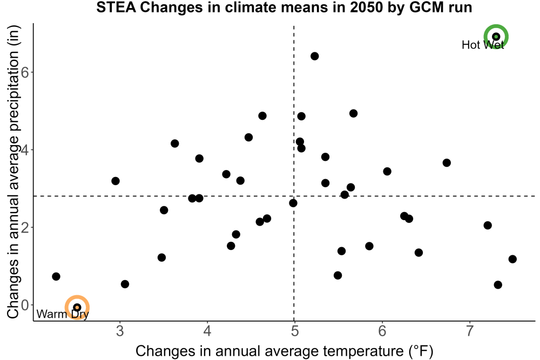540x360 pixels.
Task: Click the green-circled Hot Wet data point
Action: click(x=496, y=37)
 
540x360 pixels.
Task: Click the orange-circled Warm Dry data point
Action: click(x=77, y=307)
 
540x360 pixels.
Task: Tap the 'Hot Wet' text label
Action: click(x=482, y=45)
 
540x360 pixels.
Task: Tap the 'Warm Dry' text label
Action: click(x=63, y=314)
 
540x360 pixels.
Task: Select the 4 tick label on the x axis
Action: click(x=207, y=331)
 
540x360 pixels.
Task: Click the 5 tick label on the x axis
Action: click(x=294, y=331)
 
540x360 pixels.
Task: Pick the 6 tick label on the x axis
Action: click(x=382, y=331)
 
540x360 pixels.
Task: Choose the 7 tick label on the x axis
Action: click(x=469, y=331)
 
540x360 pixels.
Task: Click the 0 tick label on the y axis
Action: click(x=25, y=305)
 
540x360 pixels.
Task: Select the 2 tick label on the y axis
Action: click(x=25, y=227)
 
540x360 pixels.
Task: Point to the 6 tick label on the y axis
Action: click(x=25, y=72)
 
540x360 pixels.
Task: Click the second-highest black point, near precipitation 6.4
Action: click(x=314, y=56)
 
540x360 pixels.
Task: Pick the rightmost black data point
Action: click(x=512, y=259)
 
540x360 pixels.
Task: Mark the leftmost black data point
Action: click(x=56, y=276)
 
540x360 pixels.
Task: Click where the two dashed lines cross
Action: click(x=294, y=196)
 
